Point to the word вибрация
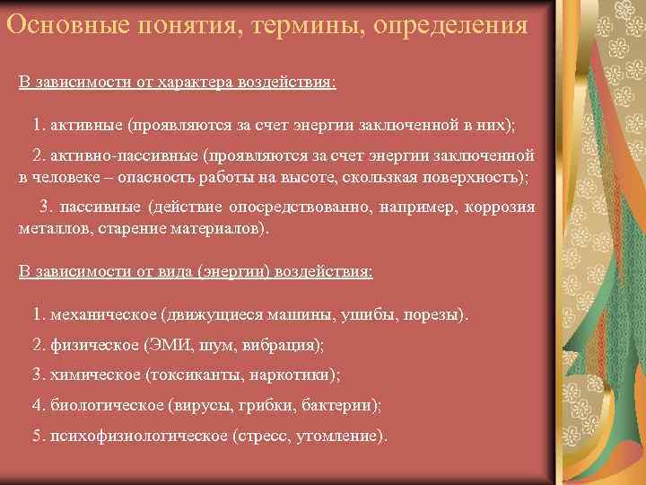coord(284,345)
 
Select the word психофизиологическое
coord(139,436)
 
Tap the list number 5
coord(37,436)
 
